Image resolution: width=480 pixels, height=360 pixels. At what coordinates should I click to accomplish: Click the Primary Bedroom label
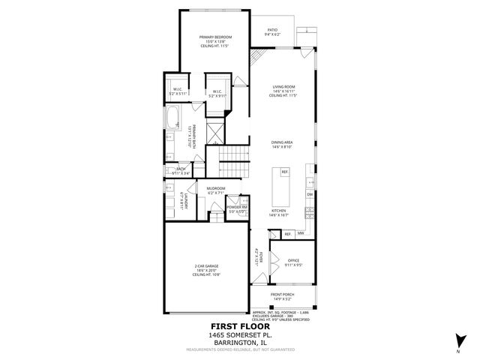pos(214,37)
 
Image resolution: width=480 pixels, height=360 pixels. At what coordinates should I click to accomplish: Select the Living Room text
pos(283,87)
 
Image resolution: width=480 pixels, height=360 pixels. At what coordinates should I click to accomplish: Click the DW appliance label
pos(309,194)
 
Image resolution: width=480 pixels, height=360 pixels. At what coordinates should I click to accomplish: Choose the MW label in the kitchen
pos(299,233)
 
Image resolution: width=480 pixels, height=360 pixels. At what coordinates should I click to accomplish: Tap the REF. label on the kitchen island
pos(285,172)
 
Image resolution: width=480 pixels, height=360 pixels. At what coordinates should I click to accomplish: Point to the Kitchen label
pos(279,211)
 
